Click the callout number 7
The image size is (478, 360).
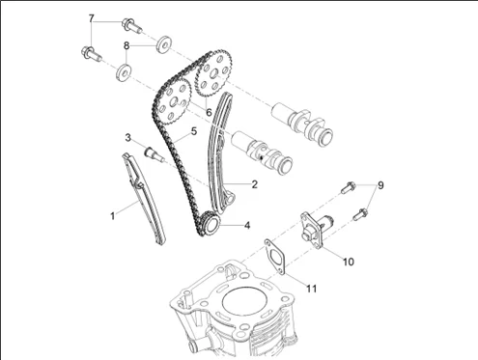click(x=92, y=18)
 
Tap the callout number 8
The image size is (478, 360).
click(x=127, y=45)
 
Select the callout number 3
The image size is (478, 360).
click(x=128, y=138)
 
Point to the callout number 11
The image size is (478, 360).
click(x=311, y=289)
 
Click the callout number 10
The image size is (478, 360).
click(x=348, y=262)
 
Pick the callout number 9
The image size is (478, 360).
click(x=380, y=185)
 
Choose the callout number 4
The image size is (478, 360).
click(x=247, y=225)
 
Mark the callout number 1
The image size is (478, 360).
click(x=113, y=216)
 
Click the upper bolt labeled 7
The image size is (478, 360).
click(x=131, y=26)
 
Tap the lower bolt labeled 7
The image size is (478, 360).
click(x=91, y=54)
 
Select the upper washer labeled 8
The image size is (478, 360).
click(x=164, y=43)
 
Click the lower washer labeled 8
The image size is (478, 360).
click(x=124, y=72)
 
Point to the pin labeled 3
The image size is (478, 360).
click(x=155, y=153)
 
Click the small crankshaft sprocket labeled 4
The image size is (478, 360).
click(x=210, y=224)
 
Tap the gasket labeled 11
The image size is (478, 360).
click(x=275, y=257)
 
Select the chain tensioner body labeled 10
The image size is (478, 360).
click(x=317, y=229)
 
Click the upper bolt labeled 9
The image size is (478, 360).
click(x=349, y=187)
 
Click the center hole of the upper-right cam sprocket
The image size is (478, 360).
click(x=214, y=75)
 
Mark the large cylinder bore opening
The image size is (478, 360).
click(x=245, y=303)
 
